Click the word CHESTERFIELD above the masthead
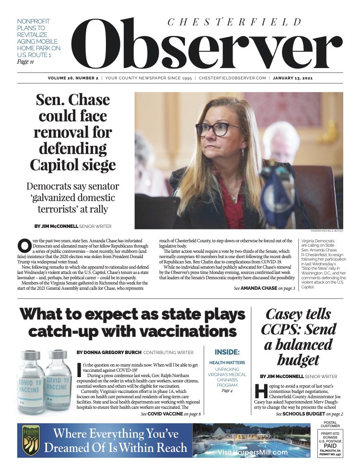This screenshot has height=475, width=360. (234, 22)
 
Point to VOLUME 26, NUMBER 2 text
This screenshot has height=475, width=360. (73, 78)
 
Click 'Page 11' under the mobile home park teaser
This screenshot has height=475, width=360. (25, 62)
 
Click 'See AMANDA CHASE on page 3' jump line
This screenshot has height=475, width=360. (265, 288)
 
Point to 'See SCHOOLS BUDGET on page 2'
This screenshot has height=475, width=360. (309, 413)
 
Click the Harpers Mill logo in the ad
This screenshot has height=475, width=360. (31, 440)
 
